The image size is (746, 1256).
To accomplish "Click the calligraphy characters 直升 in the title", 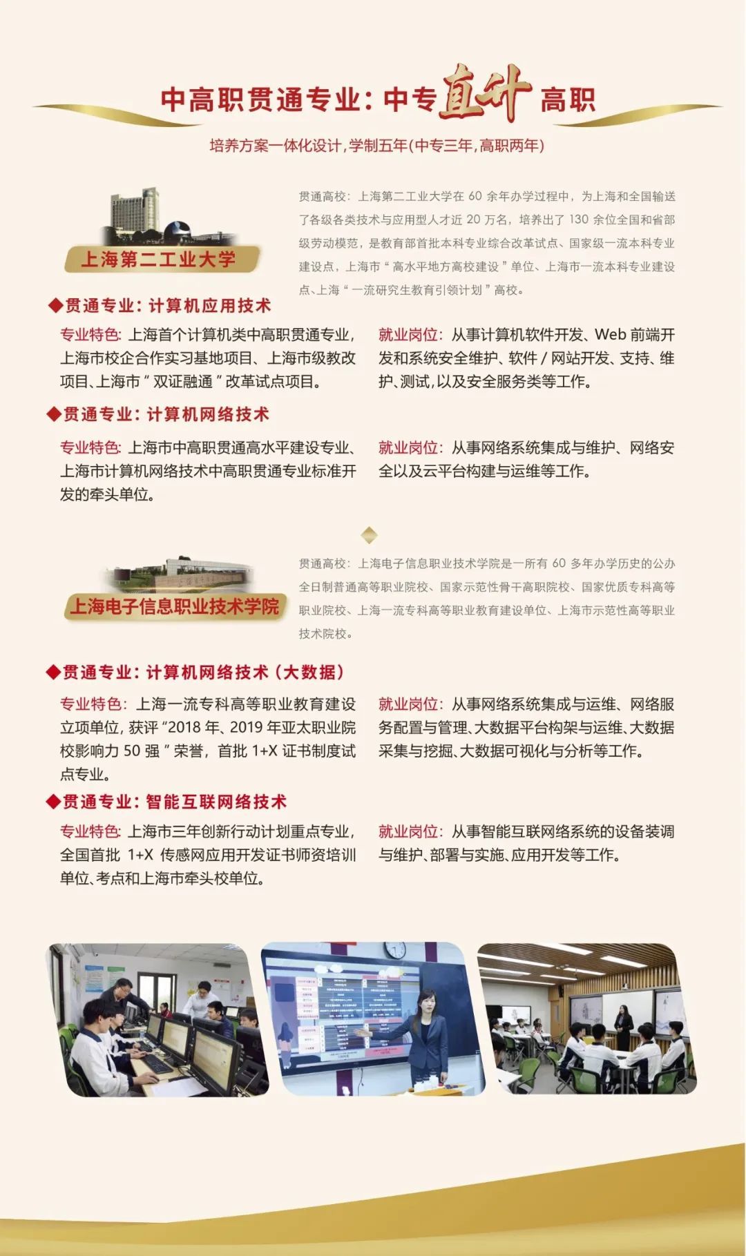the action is tap(486, 94).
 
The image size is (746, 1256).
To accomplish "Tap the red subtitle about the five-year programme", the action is tap(377, 146).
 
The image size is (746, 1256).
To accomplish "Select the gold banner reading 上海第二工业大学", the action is tap(162, 260).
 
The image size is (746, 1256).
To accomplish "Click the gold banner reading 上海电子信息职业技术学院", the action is tap(175, 606).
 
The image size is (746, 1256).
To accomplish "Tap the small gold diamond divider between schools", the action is tap(370, 534).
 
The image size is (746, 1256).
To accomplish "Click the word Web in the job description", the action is tap(611, 335).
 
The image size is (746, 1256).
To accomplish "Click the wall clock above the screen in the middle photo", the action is tap(394, 949).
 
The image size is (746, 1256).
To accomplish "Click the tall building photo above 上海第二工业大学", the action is tap(155, 215).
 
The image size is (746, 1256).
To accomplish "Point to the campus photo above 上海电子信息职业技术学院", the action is tap(178, 573).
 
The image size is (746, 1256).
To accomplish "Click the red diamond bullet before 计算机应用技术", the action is tap(55, 305).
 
